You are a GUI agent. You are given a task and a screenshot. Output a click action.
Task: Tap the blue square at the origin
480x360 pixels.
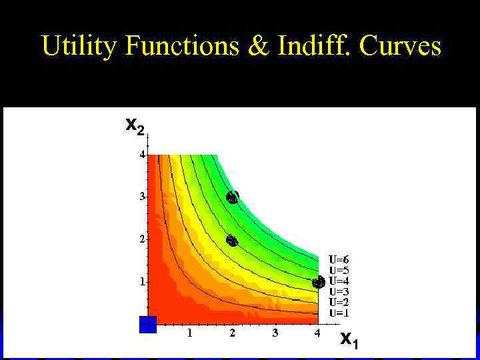147,325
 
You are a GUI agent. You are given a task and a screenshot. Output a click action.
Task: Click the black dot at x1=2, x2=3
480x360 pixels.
232,197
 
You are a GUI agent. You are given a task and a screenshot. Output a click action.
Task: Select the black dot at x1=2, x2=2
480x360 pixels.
232,241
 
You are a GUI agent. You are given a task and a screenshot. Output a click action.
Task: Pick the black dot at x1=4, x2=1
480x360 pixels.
318,282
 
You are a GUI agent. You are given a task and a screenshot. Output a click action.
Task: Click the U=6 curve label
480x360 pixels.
339,259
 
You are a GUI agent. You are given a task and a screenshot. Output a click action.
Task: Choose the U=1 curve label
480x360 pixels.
339,313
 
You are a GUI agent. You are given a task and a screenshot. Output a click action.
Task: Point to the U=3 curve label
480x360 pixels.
339,291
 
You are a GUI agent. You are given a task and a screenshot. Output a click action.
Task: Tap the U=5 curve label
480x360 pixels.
339,270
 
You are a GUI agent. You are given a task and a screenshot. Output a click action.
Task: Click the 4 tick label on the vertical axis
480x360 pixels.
141,154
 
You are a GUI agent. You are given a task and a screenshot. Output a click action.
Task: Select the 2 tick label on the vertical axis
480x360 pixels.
141,239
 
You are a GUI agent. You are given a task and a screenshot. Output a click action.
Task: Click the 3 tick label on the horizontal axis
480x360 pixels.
275,333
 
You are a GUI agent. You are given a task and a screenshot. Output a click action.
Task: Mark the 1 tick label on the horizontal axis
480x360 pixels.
189,333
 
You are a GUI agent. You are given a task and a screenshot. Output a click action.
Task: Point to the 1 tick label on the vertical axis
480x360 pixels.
141,282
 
